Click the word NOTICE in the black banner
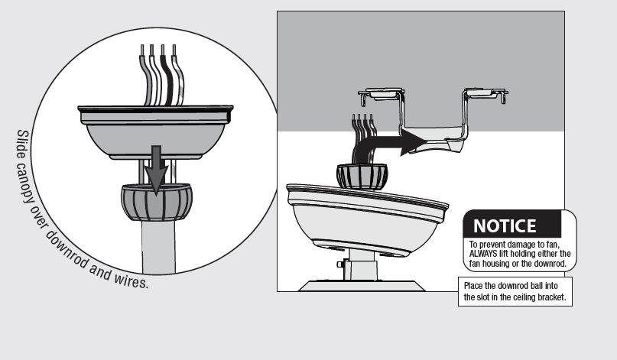pyautogui.click(x=505, y=226)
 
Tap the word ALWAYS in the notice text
pyautogui.click(x=488, y=254)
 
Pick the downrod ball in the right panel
pyautogui.click(x=362, y=177)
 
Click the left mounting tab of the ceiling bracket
pyautogui.click(x=380, y=95)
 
